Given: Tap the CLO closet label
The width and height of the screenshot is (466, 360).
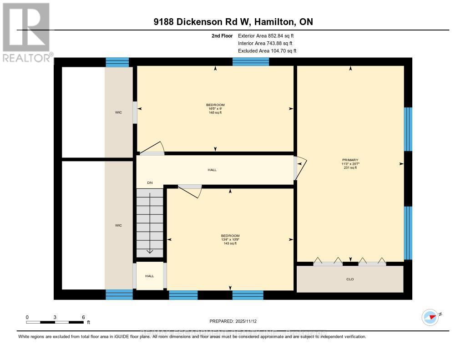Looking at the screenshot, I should (x=350, y=279).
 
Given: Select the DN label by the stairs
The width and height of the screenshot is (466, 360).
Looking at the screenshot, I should (x=150, y=183).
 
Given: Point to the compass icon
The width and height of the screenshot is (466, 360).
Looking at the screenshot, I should (x=430, y=316).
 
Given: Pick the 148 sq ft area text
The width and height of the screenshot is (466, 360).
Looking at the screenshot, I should (x=215, y=112).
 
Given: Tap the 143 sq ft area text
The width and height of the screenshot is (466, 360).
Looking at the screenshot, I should (x=230, y=243).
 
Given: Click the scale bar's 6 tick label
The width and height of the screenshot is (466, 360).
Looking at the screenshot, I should (x=83, y=317).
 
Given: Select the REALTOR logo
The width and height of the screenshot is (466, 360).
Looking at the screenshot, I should (x=26, y=32).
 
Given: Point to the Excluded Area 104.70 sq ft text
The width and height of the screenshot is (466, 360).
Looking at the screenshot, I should (x=267, y=51).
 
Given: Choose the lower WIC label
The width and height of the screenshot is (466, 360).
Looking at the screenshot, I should (x=118, y=225).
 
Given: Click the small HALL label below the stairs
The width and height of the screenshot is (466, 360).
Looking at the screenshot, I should (x=150, y=276).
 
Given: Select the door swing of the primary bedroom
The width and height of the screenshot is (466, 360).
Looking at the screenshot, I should (x=300, y=167).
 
